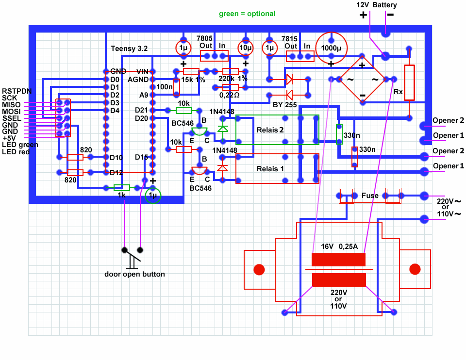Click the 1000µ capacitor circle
tap(331, 48)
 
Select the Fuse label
tap(370, 196)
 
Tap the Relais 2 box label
tap(267, 130)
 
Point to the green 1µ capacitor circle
tap(153, 196)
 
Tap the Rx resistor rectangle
tap(410, 82)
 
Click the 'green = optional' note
tap(247, 14)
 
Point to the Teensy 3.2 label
tap(129, 49)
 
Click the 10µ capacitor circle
tap(245, 48)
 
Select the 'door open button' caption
tap(134, 274)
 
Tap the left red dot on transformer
tap(259, 269)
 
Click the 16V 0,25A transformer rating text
tap(339, 246)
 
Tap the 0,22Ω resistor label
tap(230, 95)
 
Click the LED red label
tap(16, 152)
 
